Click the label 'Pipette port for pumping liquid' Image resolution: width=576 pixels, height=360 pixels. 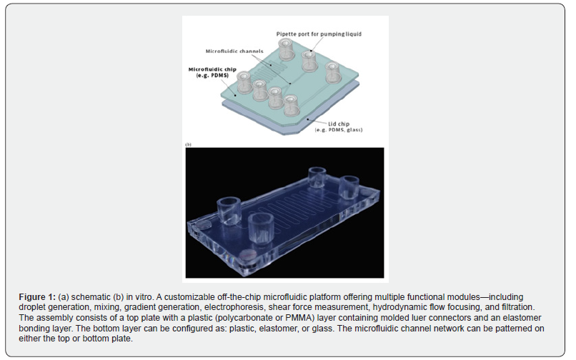[x=319, y=34]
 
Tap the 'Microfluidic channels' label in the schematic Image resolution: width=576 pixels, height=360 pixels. [x=234, y=51]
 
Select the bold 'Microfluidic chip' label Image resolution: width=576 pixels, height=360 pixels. [x=212, y=69]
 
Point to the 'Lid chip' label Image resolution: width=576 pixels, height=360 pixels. [x=338, y=124]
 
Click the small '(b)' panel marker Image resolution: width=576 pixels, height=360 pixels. [x=188, y=145]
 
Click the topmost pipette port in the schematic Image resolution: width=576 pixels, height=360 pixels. [x=285, y=49]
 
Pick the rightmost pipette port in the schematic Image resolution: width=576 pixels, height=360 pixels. [x=333, y=72]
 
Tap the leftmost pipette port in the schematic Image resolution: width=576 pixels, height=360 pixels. [x=244, y=82]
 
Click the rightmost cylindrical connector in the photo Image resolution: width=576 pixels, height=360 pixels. [x=349, y=187]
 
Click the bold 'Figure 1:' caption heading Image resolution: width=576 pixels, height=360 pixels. [x=37, y=297]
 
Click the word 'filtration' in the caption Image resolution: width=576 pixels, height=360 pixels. [x=517, y=307]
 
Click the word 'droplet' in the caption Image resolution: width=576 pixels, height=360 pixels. [x=32, y=307]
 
